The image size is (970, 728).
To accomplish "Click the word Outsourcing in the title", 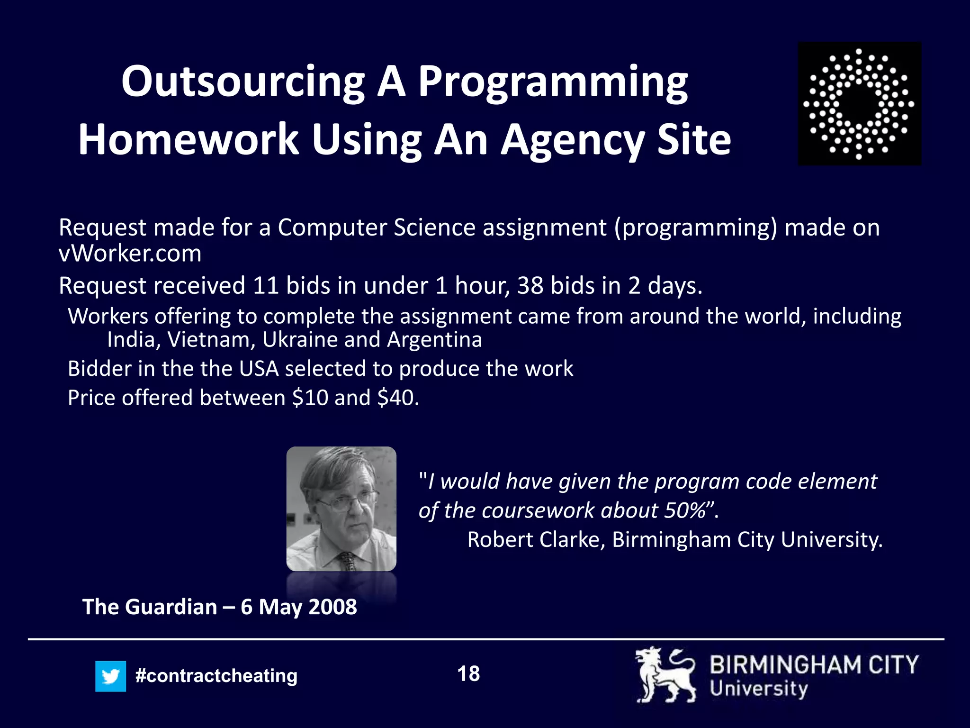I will point(242,82).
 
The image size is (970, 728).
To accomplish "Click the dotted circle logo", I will point(859,104).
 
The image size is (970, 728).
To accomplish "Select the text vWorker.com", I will point(130,254).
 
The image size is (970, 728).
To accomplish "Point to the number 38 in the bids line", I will point(530,286).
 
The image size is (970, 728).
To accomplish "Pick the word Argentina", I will point(434,340).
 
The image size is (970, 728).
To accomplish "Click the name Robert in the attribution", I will point(499,540).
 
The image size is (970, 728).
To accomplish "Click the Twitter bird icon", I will point(110,676).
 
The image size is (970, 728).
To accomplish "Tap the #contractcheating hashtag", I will point(216,676).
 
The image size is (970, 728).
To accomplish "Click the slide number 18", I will point(468,674).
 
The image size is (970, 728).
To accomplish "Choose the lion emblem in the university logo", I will point(665,675).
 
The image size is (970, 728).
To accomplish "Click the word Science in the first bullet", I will point(434,227).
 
